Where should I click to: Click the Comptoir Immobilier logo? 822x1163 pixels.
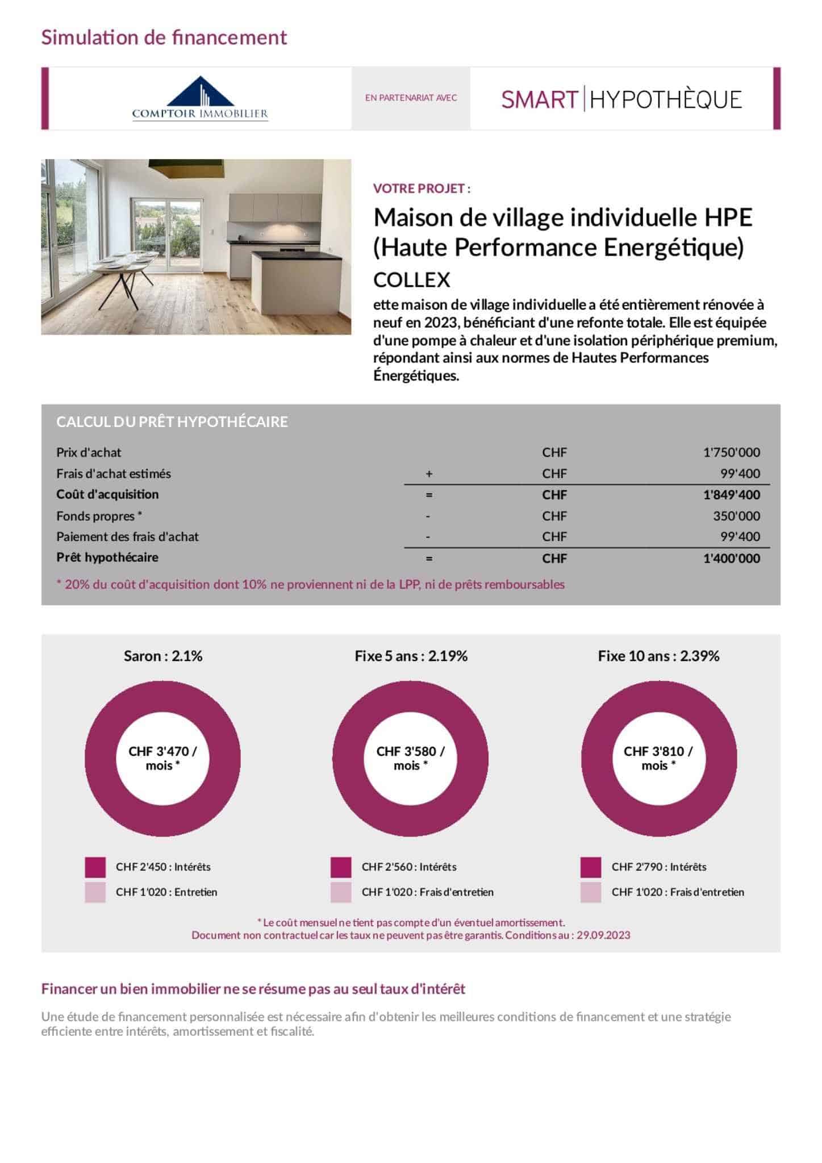[x=200, y=98]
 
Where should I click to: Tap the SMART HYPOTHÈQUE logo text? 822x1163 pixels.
[x=621, y=99]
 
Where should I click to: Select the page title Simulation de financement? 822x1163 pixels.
[x=164, y=37]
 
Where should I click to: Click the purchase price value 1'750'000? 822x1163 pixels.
[x=731, y=453]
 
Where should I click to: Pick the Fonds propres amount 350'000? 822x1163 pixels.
[x=736, y=516]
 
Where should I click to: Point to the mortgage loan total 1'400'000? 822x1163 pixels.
[x=731, y=558]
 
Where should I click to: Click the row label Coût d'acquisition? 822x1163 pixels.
[x=107, y=494]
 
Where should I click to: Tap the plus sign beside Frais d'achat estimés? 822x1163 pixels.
[x=429, y=474]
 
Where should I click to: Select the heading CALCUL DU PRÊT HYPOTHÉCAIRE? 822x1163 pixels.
[x=172, y=422]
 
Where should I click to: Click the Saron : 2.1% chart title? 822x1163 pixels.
[x=163, y=656]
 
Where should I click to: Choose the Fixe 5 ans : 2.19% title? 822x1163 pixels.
[x=411, y=656]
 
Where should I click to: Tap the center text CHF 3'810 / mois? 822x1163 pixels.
[x=658, y=758]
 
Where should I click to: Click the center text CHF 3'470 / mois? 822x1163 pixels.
[x=162, y=758]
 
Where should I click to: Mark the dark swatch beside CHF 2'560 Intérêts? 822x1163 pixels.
[x=341, y=867]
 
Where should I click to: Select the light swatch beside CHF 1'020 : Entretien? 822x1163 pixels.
[x=95, y=892]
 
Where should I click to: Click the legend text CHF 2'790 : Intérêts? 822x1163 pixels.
[x=659, y=867]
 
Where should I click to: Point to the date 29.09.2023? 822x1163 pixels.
[x=603, y=935]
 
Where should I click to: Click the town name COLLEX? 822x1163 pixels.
[x=411, y=280]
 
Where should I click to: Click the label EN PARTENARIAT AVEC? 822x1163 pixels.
[x=411, y=98]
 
